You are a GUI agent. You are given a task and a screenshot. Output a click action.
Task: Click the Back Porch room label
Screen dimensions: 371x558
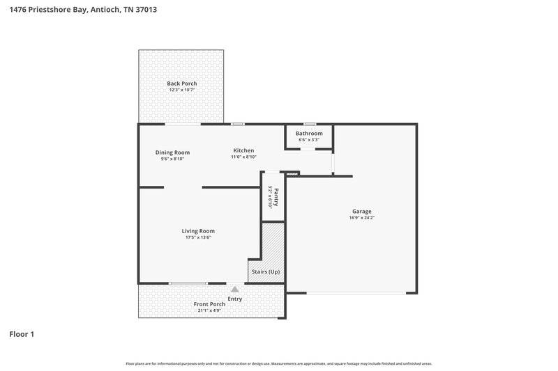(181, 84)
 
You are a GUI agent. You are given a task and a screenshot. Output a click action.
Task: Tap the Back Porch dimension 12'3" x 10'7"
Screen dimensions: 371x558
(181, 90)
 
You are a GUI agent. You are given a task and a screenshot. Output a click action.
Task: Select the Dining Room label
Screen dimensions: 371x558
(172, 152)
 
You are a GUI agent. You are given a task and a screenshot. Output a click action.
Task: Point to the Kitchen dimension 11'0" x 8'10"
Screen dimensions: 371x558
(243, 157)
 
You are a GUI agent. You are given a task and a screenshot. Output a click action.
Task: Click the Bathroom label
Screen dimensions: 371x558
(309, 133)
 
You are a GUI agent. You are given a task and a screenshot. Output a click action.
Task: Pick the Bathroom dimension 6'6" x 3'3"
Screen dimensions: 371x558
(309, 140)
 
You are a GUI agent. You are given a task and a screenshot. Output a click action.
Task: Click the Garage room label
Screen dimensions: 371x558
(361, 211)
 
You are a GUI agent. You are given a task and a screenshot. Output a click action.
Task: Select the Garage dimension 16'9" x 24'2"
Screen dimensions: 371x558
(361, 218)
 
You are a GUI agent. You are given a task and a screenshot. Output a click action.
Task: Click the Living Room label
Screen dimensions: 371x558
(198, 231)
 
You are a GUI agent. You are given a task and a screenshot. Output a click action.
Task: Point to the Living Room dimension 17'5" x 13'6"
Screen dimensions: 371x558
(198, 238)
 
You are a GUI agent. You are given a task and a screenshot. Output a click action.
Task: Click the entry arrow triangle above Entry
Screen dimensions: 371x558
(235, 289)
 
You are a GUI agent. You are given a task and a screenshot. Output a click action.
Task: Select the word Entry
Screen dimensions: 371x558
(235, 299)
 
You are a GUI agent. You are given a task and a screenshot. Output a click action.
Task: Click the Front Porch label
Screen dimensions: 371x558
(209, 304)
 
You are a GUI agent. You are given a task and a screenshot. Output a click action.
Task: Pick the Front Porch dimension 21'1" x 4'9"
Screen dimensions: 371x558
(209, 311)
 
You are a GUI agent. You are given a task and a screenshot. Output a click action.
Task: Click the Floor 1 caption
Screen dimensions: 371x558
(22, 334)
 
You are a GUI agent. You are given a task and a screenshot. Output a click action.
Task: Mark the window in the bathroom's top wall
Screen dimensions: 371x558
(309, 125)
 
